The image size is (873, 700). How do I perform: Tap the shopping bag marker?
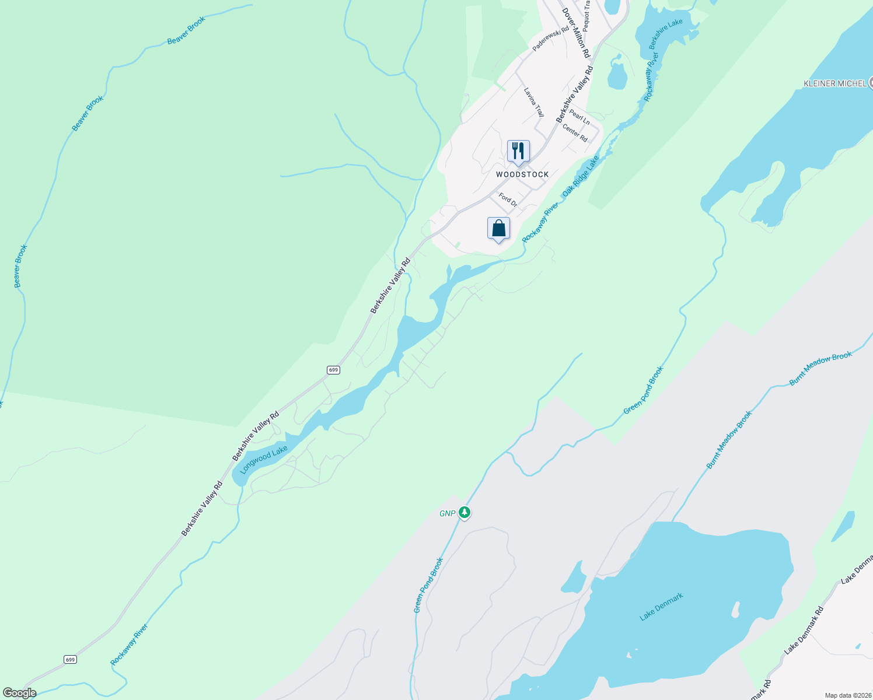498,229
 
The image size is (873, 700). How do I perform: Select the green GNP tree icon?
465,513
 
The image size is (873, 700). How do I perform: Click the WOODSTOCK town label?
522,174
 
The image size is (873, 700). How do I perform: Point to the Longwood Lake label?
264,460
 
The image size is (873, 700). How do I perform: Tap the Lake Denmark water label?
661,607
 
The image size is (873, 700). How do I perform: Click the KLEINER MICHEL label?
834,83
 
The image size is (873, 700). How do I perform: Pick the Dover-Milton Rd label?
576,33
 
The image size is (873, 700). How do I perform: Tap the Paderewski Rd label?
550,39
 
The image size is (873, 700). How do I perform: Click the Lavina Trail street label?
533,102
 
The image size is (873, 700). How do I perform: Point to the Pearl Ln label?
579,117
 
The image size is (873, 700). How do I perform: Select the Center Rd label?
575,132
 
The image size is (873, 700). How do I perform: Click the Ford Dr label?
508,200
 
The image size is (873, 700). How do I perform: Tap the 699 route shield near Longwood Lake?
333,370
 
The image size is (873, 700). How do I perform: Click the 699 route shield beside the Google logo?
70,660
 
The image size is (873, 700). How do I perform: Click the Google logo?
19,693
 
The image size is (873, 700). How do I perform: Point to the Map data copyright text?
847,695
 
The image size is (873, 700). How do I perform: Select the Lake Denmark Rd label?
804,630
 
